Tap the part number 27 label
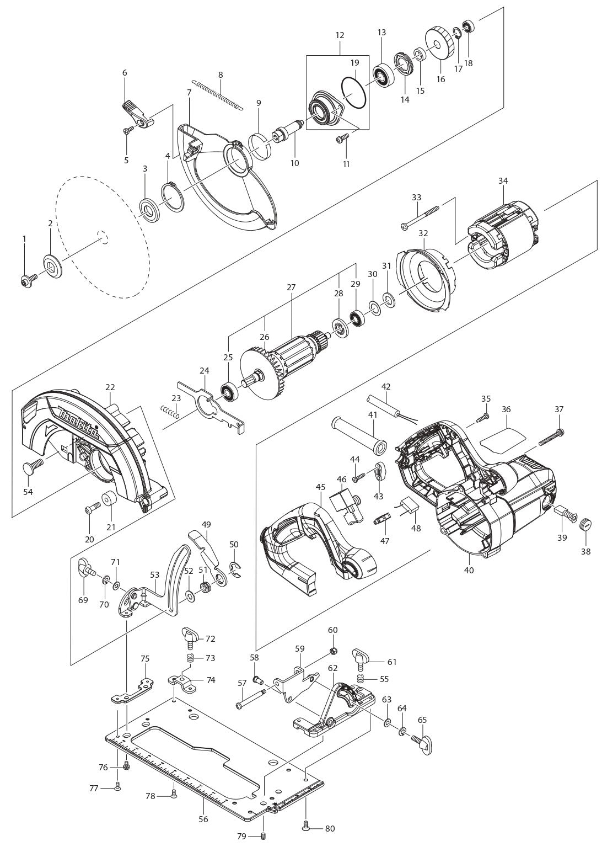291,287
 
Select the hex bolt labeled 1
26,282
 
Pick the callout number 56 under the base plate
203,819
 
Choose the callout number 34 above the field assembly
503,181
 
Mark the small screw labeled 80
307,826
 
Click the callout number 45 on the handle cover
321,487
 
